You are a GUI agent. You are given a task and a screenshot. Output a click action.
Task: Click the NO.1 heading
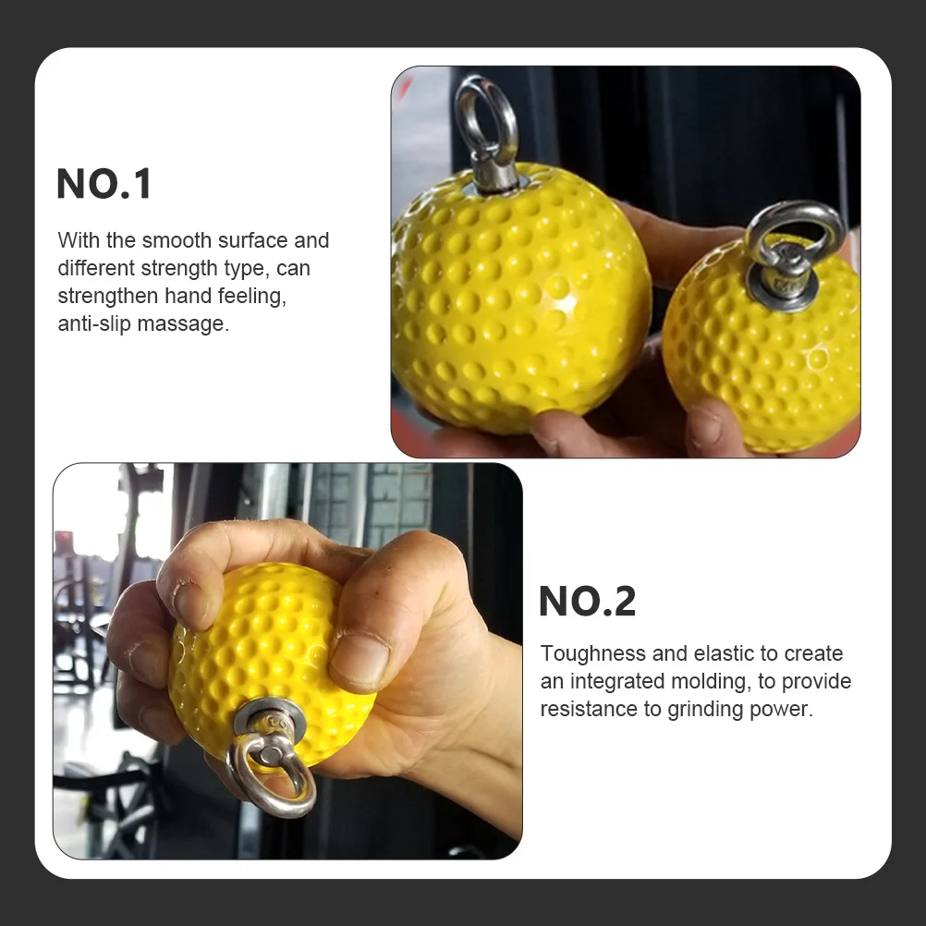(x=104, y=185)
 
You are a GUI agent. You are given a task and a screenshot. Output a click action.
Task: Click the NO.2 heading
(x=588, y=603)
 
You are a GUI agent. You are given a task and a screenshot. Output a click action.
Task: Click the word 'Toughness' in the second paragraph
(x=592, y=653)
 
